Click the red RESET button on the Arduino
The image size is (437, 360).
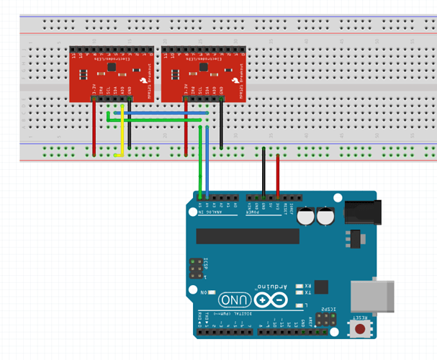[358, 328]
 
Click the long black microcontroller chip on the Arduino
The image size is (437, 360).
[247, 236]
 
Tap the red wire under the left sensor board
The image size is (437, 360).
[94, 130]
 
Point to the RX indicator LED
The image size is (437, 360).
[299, 285]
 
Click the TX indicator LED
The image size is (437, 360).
[299, 293]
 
